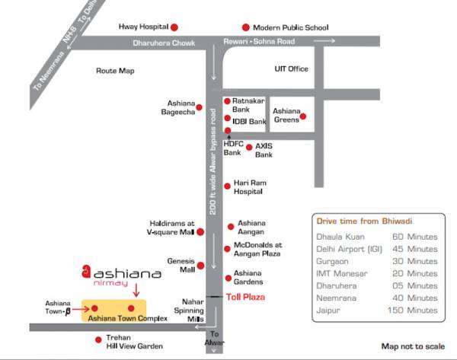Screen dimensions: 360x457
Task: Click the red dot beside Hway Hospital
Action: tap(175, 27)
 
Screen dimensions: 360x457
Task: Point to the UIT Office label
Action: tap(291, 68)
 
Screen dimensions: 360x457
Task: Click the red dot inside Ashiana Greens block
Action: tap(303, 116)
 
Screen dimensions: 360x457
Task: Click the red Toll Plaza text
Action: tap(244, 296)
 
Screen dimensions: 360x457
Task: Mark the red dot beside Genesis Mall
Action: tap(201, 266)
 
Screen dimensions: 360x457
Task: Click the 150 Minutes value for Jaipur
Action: tap(411, 311)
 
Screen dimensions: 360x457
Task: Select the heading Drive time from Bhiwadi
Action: tap(364, 221)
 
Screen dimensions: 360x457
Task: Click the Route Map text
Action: tap(114, 71)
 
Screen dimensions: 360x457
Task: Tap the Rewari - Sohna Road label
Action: tap(260, 41)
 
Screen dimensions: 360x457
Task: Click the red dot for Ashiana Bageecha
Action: tap(200, 108)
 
